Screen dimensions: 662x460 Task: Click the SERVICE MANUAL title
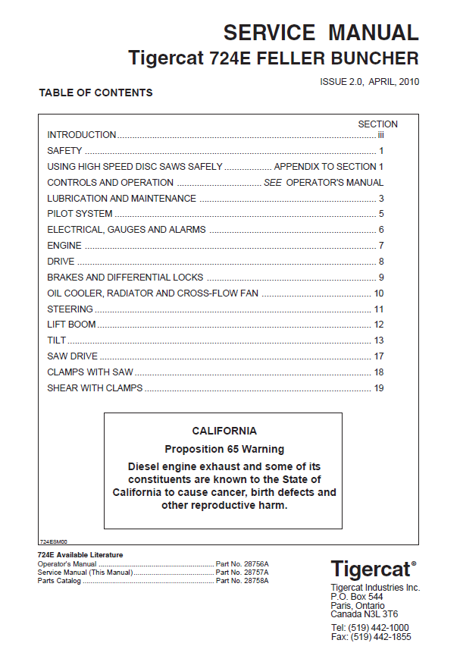[321, 33]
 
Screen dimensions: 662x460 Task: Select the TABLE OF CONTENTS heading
[95, 93]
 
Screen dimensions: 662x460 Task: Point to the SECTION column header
[377, 124]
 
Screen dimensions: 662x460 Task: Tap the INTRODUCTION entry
[82, 135]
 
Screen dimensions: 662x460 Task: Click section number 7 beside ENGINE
[381, 246]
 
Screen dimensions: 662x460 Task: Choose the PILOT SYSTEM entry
[80, 214]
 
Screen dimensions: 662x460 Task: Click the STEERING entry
[70, 309]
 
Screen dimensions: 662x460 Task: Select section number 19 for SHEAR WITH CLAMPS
[379, 388]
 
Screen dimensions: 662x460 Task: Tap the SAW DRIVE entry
[72, 356]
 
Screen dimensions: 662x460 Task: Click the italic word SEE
[273, 183]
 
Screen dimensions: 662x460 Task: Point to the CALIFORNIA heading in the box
[224, 431]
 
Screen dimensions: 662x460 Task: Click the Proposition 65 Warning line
[224, 449]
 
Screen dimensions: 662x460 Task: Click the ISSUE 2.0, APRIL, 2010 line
[369, 81]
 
